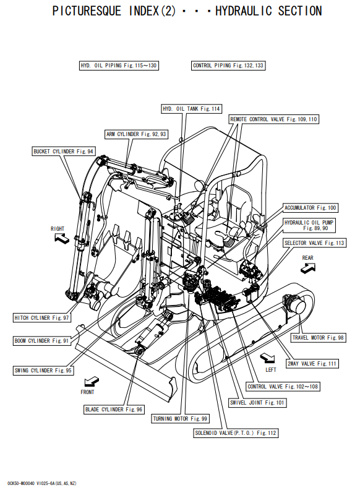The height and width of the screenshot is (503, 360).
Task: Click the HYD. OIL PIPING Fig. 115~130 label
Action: (119, 66)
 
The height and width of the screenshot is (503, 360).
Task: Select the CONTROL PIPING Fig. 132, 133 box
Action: (228, 66)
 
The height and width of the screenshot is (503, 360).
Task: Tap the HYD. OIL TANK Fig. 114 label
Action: (192, 109)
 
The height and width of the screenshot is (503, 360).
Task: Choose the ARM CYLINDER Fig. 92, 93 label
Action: (136, 134)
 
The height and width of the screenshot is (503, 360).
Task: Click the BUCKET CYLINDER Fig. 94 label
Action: (64, 151)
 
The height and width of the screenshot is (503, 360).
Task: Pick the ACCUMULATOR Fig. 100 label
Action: (311, 207)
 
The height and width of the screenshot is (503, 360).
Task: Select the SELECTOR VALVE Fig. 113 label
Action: (314, 243)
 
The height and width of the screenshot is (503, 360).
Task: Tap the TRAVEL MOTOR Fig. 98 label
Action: (319, 337)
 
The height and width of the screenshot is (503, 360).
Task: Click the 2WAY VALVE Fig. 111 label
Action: (312, 363)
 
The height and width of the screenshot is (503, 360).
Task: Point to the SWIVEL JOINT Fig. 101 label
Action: (257, 403)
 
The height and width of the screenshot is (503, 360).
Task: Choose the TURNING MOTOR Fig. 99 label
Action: (181, 419)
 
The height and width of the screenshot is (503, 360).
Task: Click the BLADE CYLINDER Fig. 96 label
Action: (114, 410)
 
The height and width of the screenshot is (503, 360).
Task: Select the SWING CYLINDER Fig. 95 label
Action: (43, 371)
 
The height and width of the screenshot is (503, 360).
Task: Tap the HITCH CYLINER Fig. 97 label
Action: (41, 317)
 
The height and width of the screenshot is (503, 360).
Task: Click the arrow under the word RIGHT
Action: (61, 238)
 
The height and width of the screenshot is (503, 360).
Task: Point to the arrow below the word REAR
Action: (308, 268)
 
